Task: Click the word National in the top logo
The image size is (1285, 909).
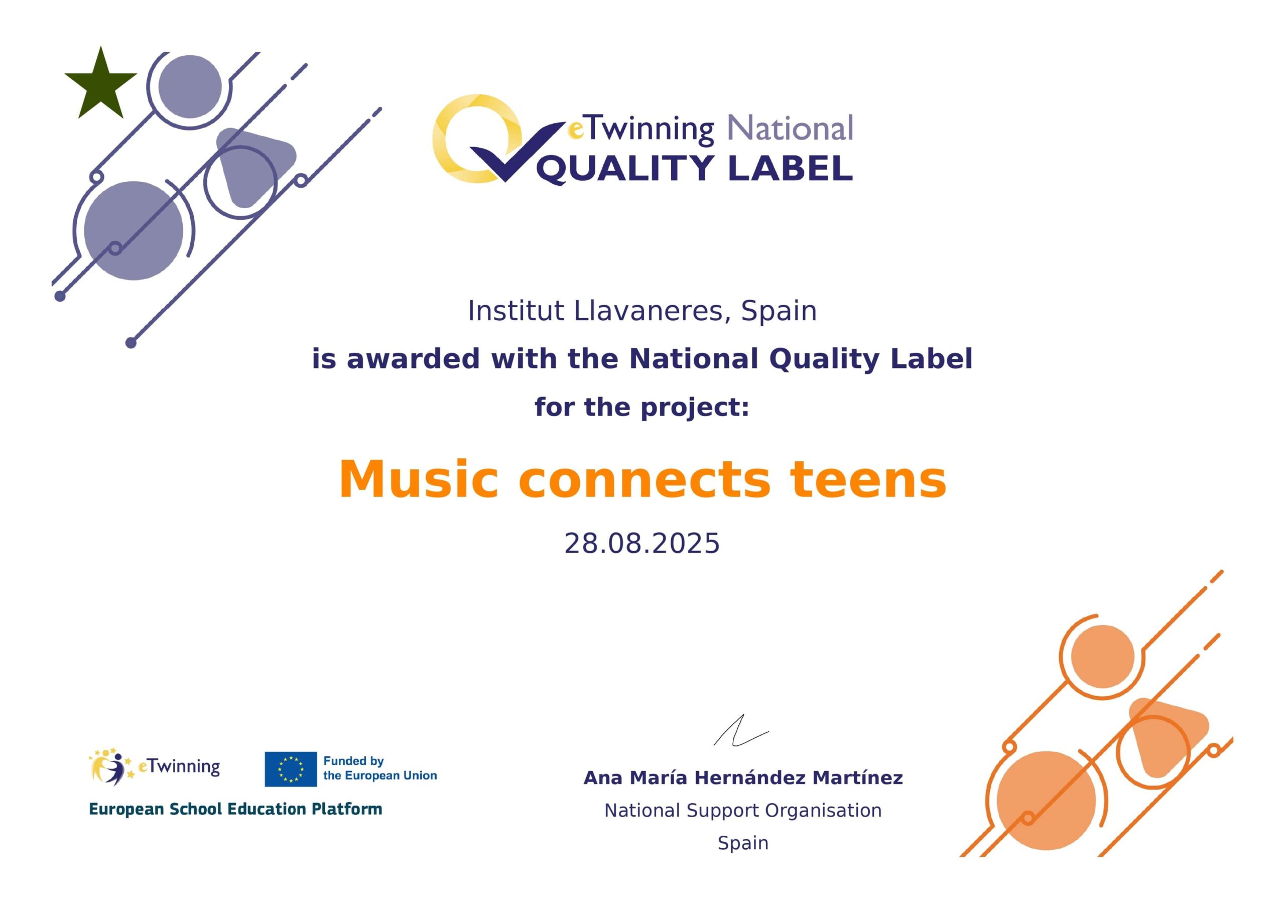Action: point(790,128)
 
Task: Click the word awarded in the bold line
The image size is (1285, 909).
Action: point(413,358)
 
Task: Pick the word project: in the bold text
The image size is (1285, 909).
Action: point(695,407)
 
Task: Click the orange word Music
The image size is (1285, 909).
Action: point(418,480)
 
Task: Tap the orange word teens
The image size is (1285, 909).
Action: point(867,480)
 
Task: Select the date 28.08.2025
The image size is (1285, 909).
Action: point(642,544)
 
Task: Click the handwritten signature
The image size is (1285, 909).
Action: point(740,730)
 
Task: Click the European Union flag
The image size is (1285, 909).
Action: point(291,769)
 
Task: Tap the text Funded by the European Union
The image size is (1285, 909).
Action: point(380,768)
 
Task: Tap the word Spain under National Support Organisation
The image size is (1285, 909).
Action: point(743,842)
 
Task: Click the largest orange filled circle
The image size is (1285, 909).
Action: point(1046,801)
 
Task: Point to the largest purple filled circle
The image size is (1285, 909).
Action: point(134,230)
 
